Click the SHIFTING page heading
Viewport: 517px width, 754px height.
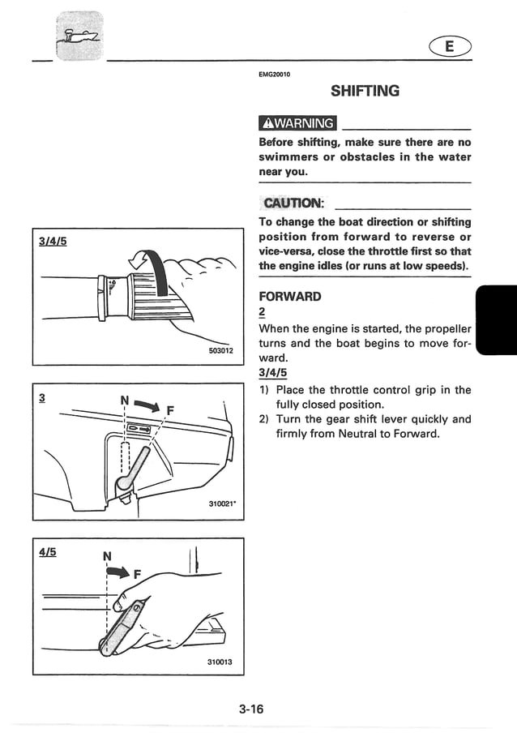point(365,91)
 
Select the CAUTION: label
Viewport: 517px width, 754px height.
point(291,202)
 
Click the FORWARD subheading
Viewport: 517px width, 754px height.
point(289,296)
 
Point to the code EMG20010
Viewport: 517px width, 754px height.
point(274,75)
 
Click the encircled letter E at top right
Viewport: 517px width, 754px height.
point(449,47)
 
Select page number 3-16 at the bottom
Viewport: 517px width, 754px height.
point(251,709)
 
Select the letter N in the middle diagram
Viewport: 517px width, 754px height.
point(124,400)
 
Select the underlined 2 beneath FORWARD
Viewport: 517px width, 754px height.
point(262,312)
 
